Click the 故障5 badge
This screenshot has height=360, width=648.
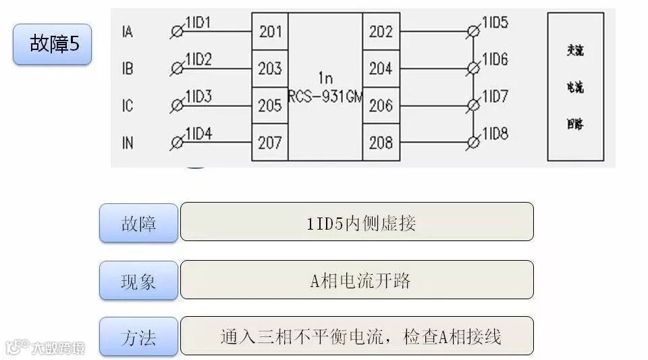pyautogui.click(x=52, y=44)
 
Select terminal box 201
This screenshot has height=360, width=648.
pyautogui.click(x=270, y=31)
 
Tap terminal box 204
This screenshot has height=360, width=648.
pyautogui.click(x=381, y=68)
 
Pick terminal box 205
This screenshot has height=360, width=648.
pyautogui.click(x=270, y=105)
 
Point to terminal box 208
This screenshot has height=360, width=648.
pyautogui.click(x=381, y=143)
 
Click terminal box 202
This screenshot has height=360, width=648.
pyautogui.click(x=381, y=31)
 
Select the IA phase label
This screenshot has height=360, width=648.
pyautogui.click(x=128, y=32)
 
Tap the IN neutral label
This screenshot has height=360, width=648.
pyautogui.click(x=128, y=143)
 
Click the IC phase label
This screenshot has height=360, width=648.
pyautogui.click(x=128, y=106)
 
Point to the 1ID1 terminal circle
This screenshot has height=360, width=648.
pyautogui.click(x=178, y=31)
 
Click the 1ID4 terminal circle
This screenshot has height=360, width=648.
pyautogui.click(x=178, y=143)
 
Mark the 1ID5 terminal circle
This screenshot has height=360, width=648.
pyautogui.click(x=474, y=31)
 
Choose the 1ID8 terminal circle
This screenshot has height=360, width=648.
pyautogui.click(x=474, y=143)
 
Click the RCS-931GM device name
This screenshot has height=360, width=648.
pyautogui.click(x=325, y=97)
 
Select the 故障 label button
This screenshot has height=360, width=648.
pyautogui.click(x=138, y=223)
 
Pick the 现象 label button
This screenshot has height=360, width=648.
pyautogui.click(x=138, y=280)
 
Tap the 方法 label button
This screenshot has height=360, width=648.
pyautogui.click(x=138, y=336)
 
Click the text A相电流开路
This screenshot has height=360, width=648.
pyautogui.click(x=360, y=280)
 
